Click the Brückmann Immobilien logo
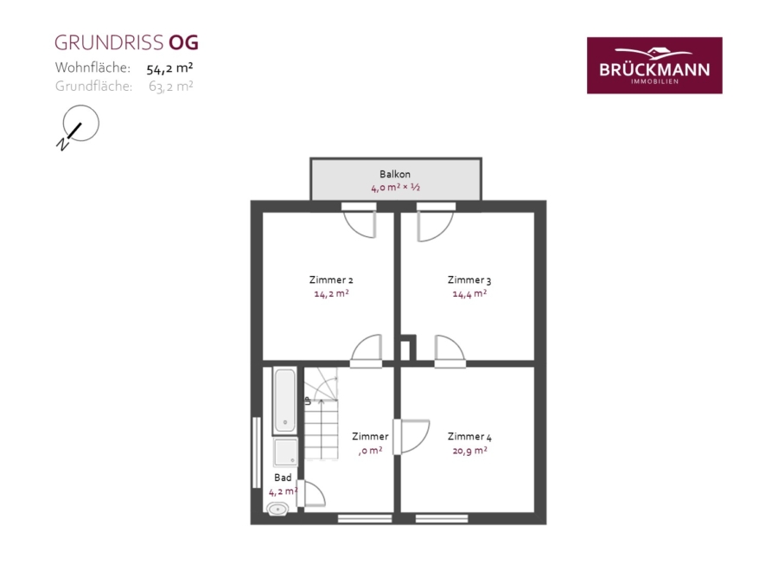(x=654, y=65)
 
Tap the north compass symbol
(x=78, y=127)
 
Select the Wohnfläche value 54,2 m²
(x=169, y=68)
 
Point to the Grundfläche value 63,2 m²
(x=170, y=87)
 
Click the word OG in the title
(x=183, y=42)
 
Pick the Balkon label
(x=395, y=174)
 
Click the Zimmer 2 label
(x=331, y=280)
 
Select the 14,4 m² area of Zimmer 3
(x=469, y=294)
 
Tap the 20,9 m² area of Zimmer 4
(x=469, y=451)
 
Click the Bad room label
(x=283, y=478)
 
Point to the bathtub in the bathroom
(x=284, y=401)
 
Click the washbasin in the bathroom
(x=277, y=509)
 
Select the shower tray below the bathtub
(x=286, y=452)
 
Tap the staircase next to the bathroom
(x=321, y=414)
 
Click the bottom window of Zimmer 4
(x=442, y=519)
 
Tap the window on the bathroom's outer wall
(x=257, y=452)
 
